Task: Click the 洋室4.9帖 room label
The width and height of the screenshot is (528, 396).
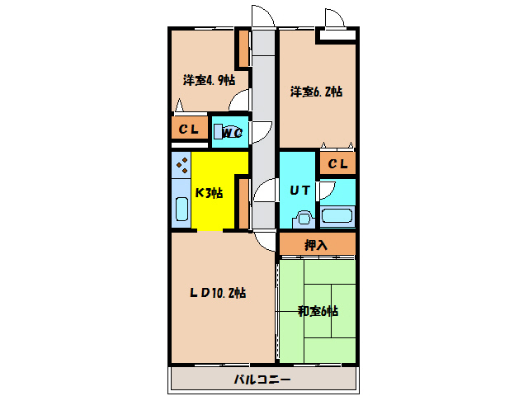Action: click(x=209, y=81)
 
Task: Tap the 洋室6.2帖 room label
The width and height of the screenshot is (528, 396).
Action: click(x=316, y=92)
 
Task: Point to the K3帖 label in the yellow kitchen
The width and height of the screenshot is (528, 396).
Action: click(x=209, y=193)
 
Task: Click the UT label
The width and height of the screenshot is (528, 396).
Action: click(x=299, y=190)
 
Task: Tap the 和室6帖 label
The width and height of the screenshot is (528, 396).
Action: click(x=318, y=311)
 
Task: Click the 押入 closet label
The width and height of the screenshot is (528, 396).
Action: click(x=316, y=245)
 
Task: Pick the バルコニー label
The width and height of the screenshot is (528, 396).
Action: click(x=262, y=380)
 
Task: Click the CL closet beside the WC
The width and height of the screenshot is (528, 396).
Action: click(x=189, y=130)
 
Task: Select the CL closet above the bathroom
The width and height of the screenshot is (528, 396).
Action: click(x=337, y=164)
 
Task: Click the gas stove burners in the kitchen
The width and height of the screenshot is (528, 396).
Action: click(x=181, y=166)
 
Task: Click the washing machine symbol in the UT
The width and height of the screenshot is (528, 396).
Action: click(x=303, y=219)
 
